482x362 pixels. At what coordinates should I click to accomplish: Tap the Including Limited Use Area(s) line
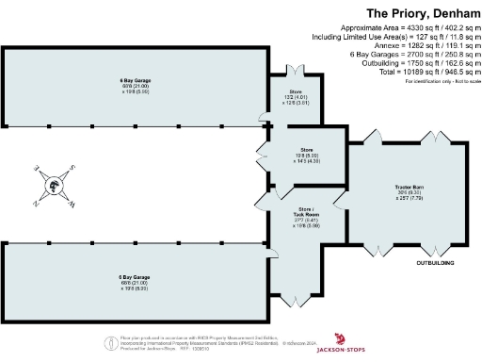(396, 38)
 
